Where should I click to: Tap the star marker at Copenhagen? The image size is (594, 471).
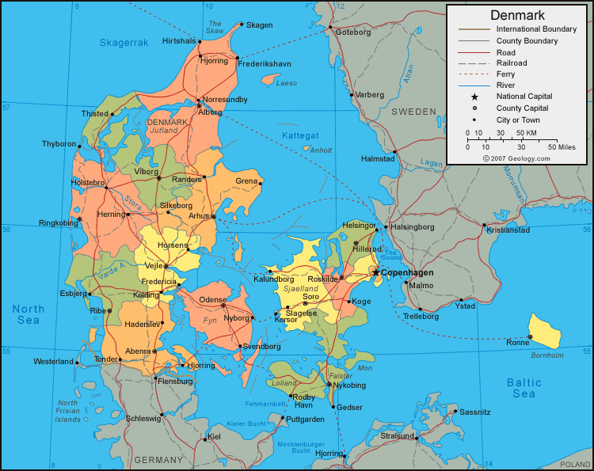click(x=376, y=272)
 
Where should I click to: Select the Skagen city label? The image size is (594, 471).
click(x=259, y=25)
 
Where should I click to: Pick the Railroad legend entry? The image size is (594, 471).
click(x=511, y=63)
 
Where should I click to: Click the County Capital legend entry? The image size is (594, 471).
click(x=522, y=108)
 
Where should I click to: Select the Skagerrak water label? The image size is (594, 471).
click(x=124, y=42)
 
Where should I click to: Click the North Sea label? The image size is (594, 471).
click(x=29, y=314)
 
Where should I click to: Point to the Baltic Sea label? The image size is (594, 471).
click(x=524, y=388)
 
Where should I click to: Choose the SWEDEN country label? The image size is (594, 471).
click(x=413, y=112)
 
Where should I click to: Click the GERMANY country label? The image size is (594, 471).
click(x=158, y=460)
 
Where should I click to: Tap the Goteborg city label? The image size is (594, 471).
click(x=353, y=32)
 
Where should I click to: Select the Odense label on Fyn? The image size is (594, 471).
click(x=212, y=300)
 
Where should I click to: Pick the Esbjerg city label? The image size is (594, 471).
click(x=72, y=293)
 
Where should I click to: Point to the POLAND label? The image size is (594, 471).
click(x=576, y=464)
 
